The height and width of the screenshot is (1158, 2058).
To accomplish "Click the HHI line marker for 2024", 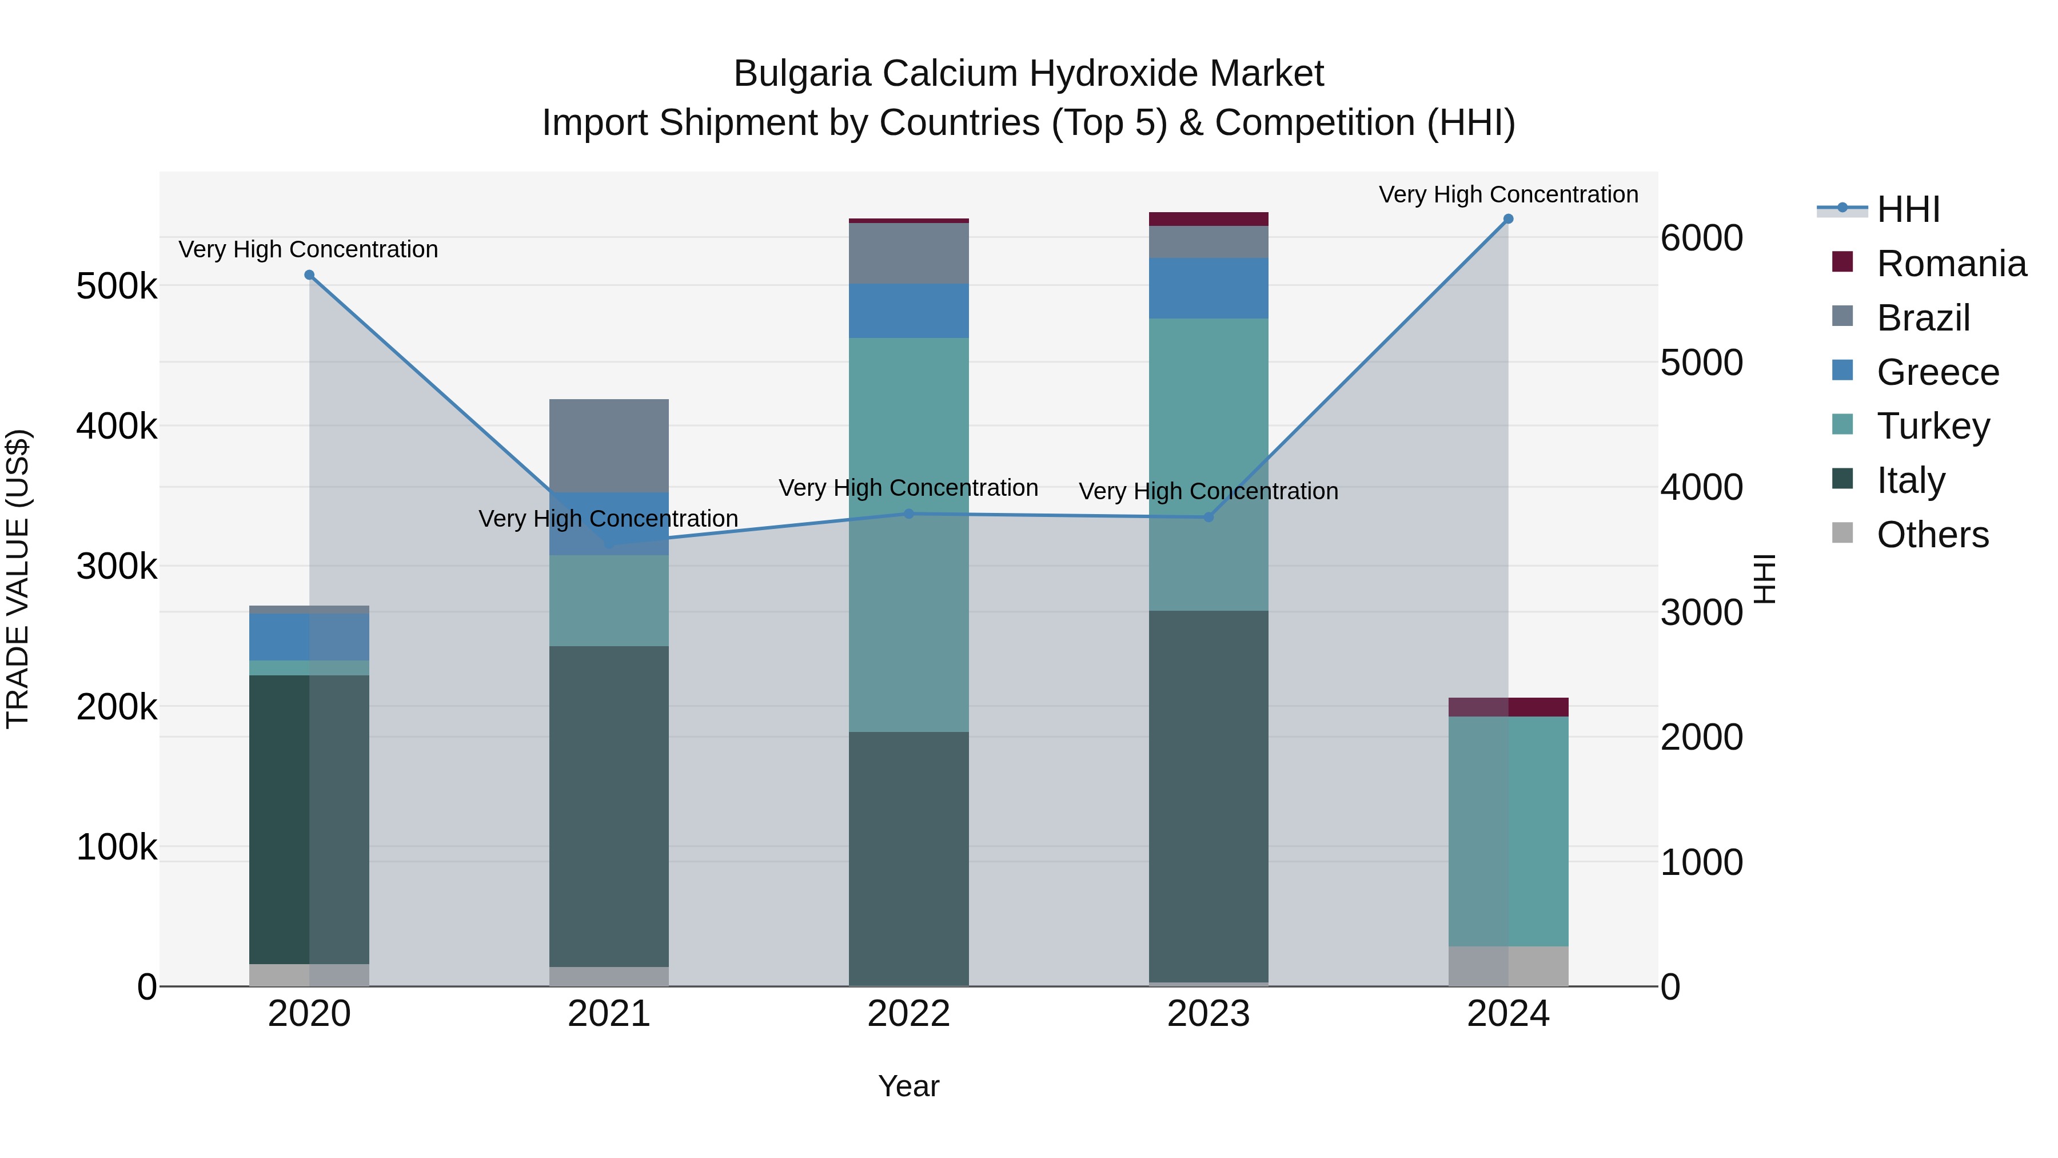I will pyautogui.click(x=1509, y=219).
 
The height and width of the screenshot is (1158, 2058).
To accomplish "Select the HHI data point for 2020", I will pyautogui.click(x=309, y=275).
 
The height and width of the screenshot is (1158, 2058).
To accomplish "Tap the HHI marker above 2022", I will pyautogui.click(x=908, y=514).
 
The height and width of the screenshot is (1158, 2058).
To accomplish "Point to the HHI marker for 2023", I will pyautogui.click(x=1209, y=517).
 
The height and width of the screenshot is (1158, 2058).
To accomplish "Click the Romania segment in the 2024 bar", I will pyautogui.click(x=1509, y=707).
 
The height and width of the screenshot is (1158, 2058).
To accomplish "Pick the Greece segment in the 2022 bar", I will pyautogui.click(x=908, y=311).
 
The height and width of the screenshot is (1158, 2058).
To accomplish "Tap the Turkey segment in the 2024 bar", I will pyautogui.click(x=1509, y=831).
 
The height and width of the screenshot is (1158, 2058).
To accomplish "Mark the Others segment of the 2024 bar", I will pyautogui.click(x=1509, y=966).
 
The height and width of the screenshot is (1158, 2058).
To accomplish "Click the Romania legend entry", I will pyautogui.click(x=1951, y=264).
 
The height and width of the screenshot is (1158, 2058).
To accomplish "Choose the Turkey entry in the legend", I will pyautogui.click(x=1933, y=426).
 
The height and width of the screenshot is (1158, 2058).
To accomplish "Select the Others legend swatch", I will pyautogui.click(x=1842, y=533).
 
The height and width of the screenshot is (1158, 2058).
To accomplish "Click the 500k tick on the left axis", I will pyautogui.click(x=117, y=286).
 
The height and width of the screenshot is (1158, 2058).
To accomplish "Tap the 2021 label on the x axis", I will pyautogui.click(x=609, y=1014).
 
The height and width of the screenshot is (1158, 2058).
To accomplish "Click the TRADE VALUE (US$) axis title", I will pyautogui.click(x=18, y=579).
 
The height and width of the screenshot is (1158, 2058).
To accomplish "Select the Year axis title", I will pyautogui.click(x=908, y=1086).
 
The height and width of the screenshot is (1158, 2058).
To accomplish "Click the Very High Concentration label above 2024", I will pyautogui.click(x=1509, y=194).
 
